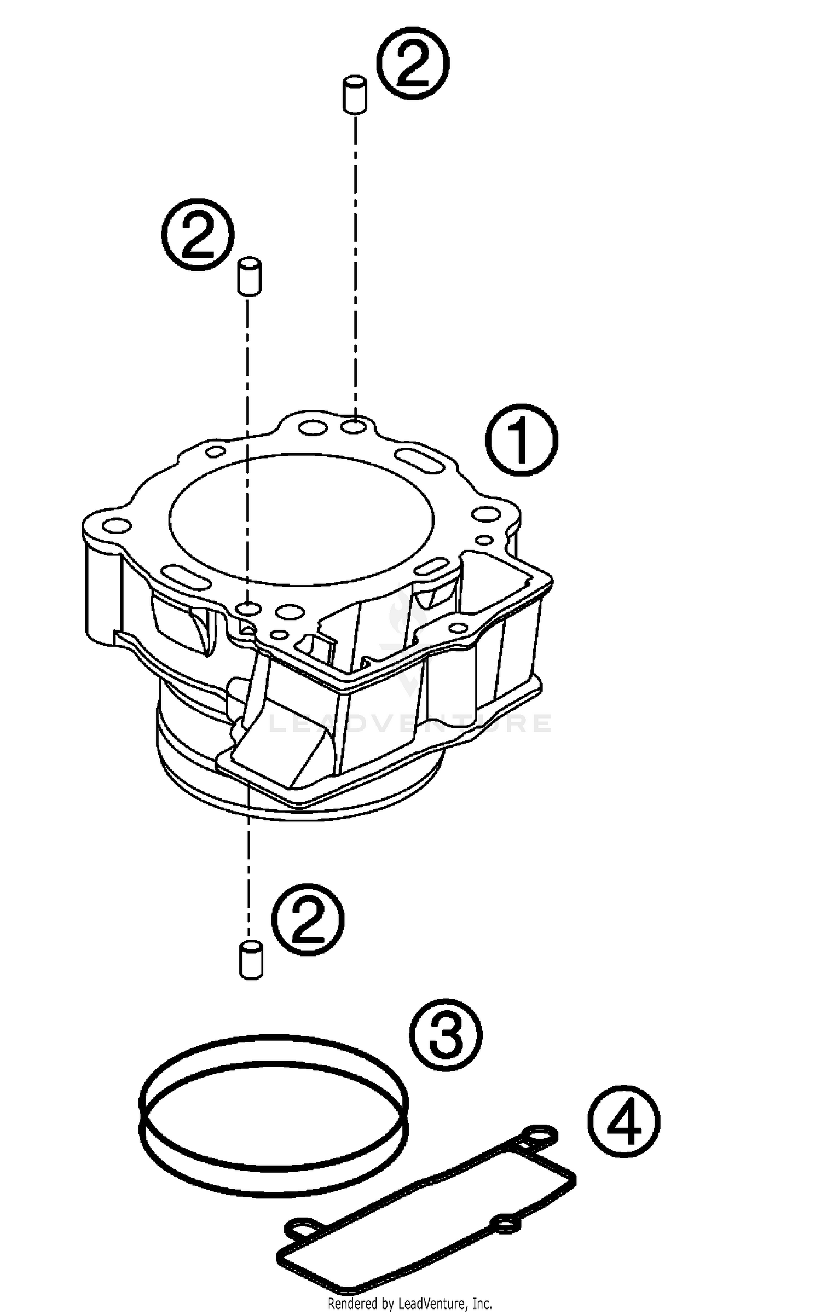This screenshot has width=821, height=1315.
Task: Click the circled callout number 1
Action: tap(522, 440)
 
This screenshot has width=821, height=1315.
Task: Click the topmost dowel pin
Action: tap(355, 96)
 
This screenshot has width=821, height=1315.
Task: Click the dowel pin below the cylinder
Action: tap(251, 960)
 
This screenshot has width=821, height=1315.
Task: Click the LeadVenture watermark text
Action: tap(410, 723)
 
